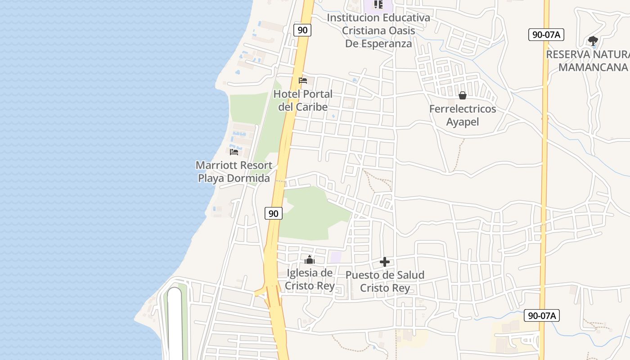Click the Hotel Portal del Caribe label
(303, 100)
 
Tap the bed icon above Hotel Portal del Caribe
(303, 81)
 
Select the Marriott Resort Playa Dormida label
(234, 171)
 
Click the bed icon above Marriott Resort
(234, 152)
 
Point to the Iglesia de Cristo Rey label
(310, 279)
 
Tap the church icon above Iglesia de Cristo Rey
(310, 260)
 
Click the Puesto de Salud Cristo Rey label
(385, 281)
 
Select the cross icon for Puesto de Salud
(385, 262)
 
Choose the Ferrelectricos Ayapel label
(463, 115)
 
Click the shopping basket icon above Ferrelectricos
(462, 95)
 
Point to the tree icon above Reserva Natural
(593, 41)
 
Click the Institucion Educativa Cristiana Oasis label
(378, 31)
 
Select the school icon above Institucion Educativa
(378, 5)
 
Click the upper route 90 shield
(302, 30)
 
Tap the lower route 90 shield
(274, 213)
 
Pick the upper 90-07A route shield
(546, 35)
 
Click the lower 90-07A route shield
(542, 315)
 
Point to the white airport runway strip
(175, 324)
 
